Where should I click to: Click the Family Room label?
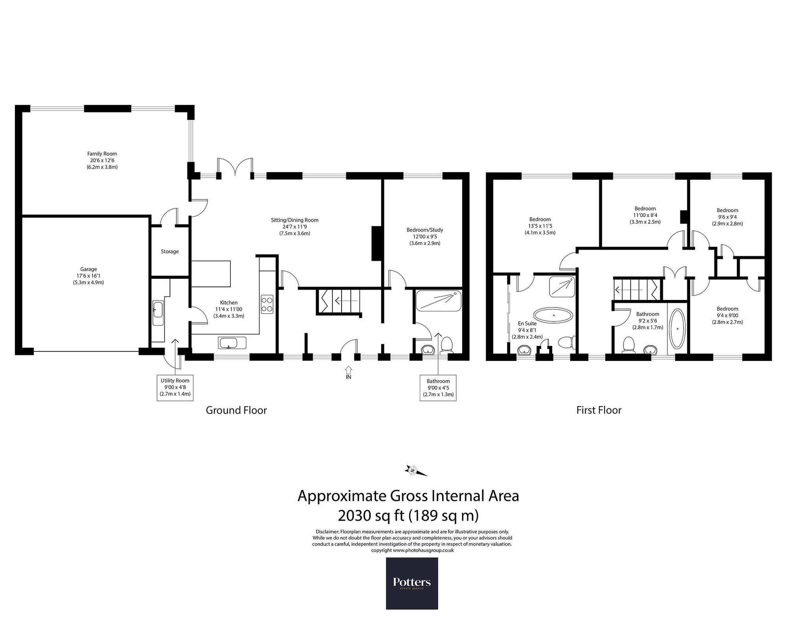(102, 154)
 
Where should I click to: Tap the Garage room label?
(88, 269)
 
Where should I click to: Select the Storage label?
(170, 252)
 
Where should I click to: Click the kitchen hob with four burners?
(267, 304)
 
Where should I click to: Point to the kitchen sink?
(232, 343)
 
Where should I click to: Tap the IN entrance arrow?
(348, 370)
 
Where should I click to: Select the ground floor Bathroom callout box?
(438, 388)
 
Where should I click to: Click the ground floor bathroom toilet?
(446, 344)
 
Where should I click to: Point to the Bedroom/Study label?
(425, 230)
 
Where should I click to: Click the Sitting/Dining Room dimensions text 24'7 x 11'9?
(294, 227)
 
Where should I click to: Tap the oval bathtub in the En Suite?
(553, 315)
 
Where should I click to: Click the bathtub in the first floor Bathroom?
(677, 329)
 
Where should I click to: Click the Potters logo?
(412, 583)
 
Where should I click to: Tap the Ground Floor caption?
(236, 410)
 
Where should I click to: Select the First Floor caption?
(599, 410)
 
